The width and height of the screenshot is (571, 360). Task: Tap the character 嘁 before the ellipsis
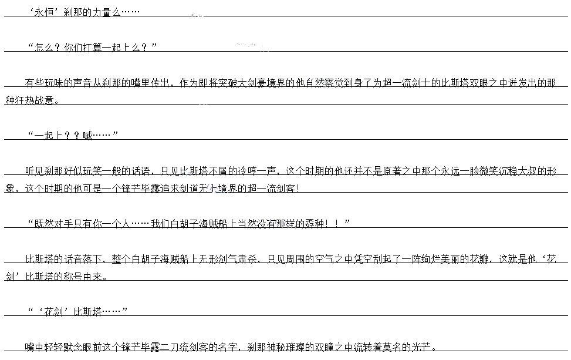pos(87,136)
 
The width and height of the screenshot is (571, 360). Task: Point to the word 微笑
pos(478,171)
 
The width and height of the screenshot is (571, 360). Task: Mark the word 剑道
pos(188,189)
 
